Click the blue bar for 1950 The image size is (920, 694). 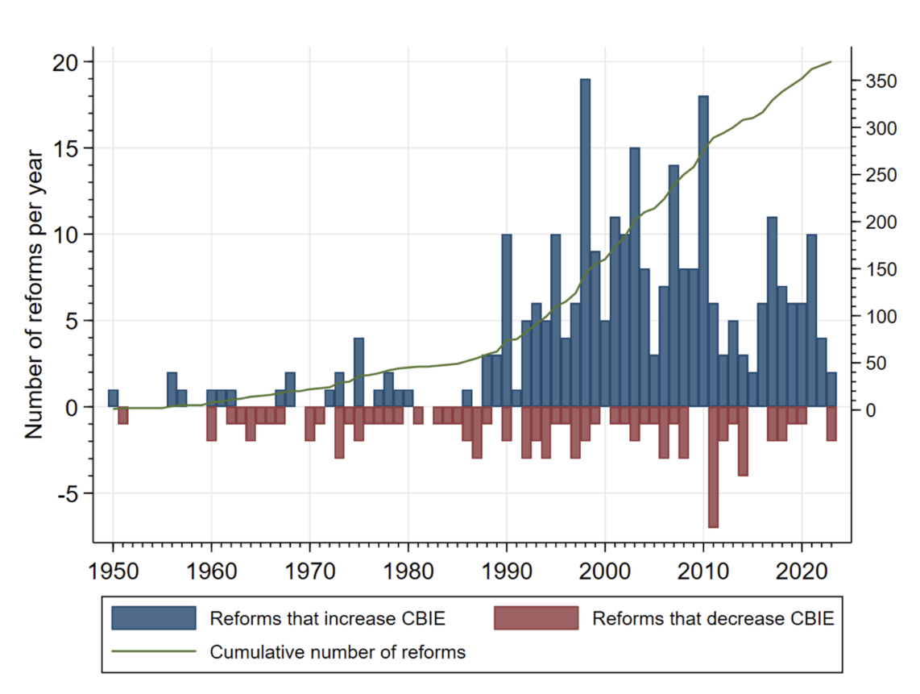[x=114, y=398]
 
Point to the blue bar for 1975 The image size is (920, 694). [x=358, y=372]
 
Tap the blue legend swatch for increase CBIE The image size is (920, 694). [x=154, y=618]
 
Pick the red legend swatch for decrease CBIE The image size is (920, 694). [x=536, y=618]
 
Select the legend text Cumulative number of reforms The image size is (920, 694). [x=338, y=651]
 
